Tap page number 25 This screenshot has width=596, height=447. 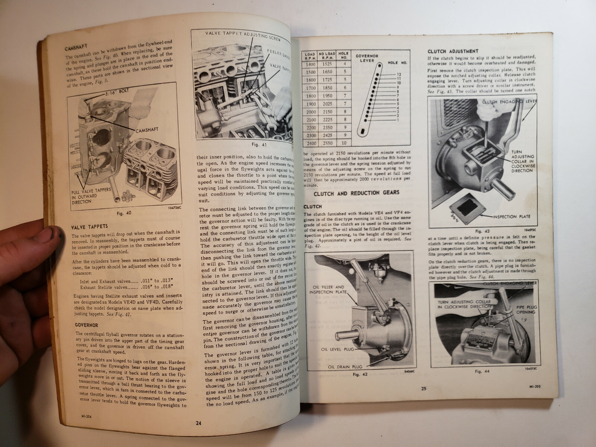[x=424, y=389]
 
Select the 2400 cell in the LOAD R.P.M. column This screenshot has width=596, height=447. [x=309, y=143]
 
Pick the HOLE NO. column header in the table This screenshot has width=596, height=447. [x=343, y=55]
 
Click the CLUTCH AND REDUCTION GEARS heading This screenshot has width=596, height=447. [x=356, y=193]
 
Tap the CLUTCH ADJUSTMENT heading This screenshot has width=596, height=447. [x=453, y=51]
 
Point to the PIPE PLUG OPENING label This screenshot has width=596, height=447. [x=526, y=310]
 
